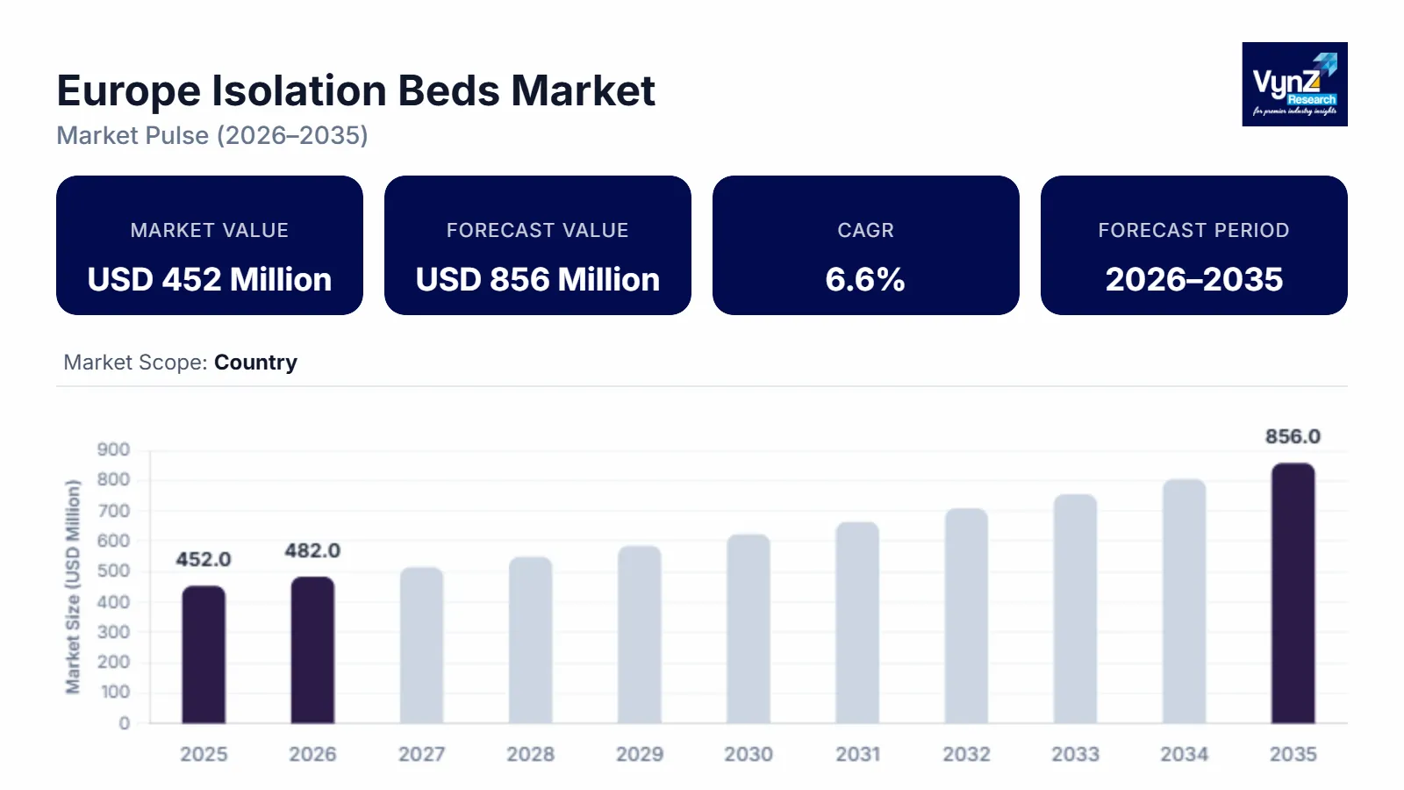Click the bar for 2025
click(204, 655)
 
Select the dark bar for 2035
click(1293, 593)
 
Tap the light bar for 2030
click(749, 628)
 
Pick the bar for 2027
click(421, 645)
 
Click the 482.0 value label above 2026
click(312, 550)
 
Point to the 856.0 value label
click(1293, 436)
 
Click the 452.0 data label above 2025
click(204, 559)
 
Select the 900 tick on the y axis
click(113, 449)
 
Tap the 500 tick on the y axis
click(113, 571)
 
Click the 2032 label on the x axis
click(966, 754)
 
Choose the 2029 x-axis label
click(639, 754)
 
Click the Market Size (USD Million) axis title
click(73, 586)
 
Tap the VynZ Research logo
click(1294, 84)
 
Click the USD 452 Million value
click(210, 279)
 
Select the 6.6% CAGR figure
click(865, 279)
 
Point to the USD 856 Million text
click(538, 279)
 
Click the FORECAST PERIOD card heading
click(1193, 230)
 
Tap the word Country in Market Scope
click(255, 363)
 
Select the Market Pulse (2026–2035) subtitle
click(212, 135)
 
